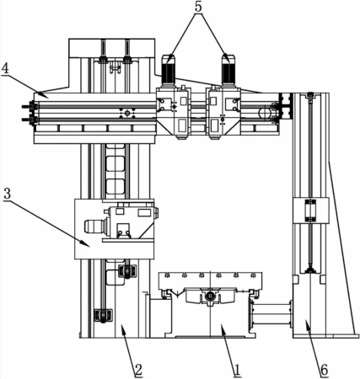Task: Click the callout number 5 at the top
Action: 198,8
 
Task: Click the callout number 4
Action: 5,69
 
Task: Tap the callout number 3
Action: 8,194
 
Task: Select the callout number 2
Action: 138,370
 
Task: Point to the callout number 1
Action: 238,370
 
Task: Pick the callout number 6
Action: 325,370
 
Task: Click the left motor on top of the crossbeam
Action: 169,69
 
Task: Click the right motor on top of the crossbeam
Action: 228,69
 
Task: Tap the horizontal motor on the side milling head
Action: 95,226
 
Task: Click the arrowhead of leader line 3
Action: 87,244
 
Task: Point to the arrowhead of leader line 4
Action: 40,94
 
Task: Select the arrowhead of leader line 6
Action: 308,324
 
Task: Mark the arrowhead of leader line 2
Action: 123,328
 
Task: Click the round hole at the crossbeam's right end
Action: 265,114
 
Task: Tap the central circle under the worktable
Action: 210,296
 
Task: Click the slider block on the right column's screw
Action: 310,211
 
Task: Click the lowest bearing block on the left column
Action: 103,316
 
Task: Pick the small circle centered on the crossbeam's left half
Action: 127,113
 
